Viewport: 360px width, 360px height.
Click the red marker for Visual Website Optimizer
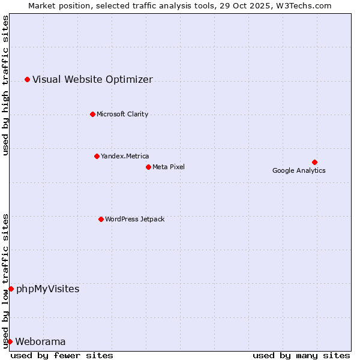(x=27, y=79)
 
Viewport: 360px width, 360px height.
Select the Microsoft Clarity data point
(x=92, y=114)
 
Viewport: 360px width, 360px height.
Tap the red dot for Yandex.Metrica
(x=97, y=156)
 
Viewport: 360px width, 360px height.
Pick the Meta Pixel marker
(x=148, y=167)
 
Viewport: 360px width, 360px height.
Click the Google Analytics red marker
(x=314, y=162)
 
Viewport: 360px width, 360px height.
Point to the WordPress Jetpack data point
(x=101, y=219)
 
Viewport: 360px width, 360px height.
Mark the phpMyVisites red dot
(x=11, y=289)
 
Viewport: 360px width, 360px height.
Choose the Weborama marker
(x=10, y=341)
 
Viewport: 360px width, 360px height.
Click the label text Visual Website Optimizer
(x=92, y=79)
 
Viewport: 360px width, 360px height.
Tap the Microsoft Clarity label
(x=122, y=114)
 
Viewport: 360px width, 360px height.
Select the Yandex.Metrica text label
(x=125, y=156)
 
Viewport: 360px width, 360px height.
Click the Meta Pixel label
(x=169, y=167)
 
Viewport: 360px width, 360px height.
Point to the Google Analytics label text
(x=299, y=170)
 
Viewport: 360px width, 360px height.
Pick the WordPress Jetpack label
(x=134, y=219)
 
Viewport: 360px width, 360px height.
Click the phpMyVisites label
(x=47, y=289)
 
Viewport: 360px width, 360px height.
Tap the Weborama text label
(x=40, y=341)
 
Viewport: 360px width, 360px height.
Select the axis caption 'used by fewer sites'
(x=62, y=355)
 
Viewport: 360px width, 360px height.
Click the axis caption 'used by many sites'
(x=301, y=355)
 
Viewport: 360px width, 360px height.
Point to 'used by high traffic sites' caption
(x=5, y=85)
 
